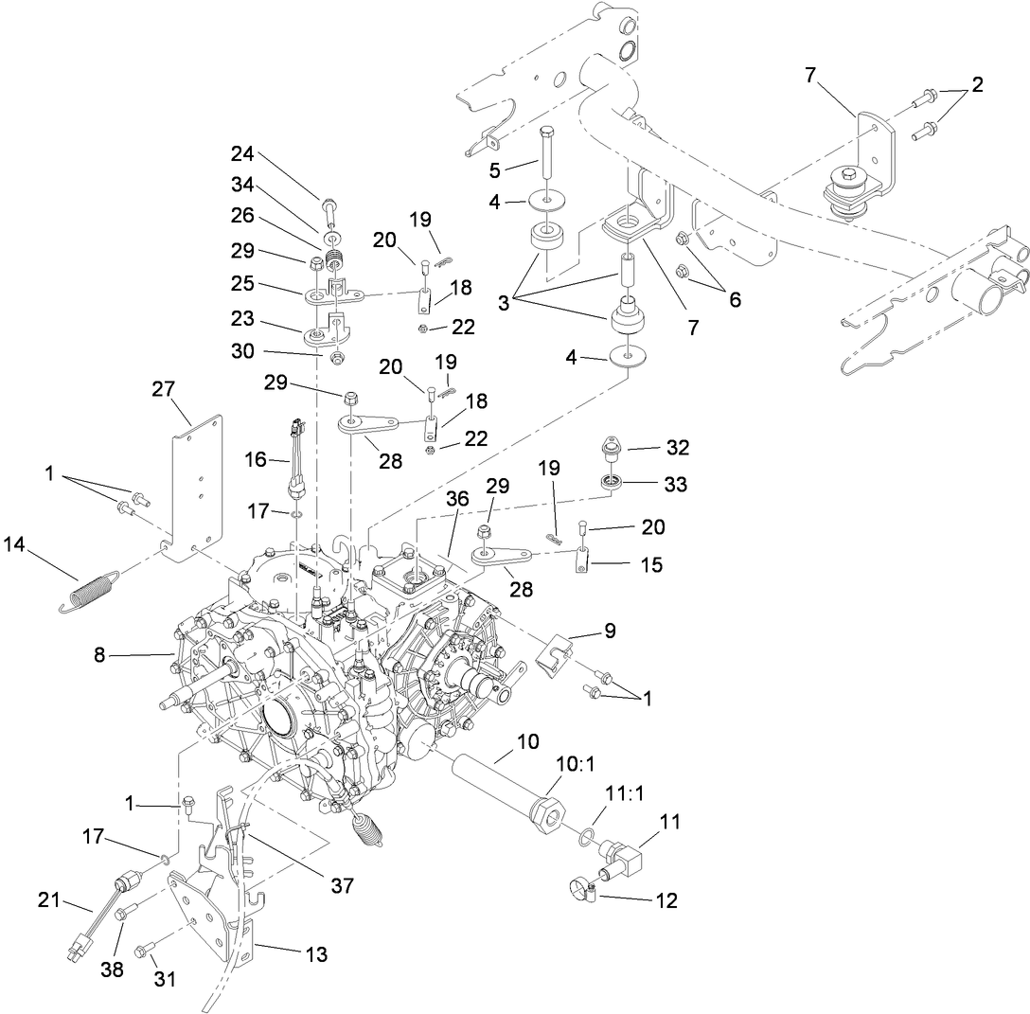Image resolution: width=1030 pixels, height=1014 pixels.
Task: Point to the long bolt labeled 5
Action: tap(547, 151)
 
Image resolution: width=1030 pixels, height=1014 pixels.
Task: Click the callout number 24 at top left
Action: tap(242, 155)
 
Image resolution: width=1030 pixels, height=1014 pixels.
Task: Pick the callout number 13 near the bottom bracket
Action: tap(315, 954)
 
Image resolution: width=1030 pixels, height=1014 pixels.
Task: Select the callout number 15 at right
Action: tap(651, 565)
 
